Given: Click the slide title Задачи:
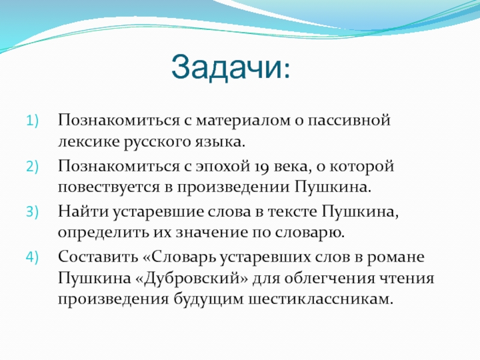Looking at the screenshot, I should click(232, 67).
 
